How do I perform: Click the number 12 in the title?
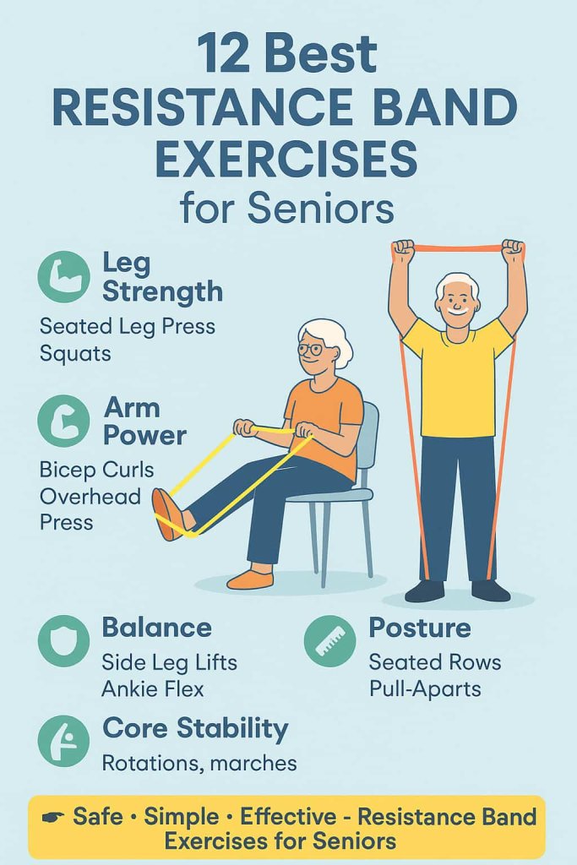(x=223, y=53)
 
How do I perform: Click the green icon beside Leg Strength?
(x=64, y=277)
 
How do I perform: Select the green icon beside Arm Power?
(x=64, y=421)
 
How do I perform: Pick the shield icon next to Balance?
(x=64, y=641)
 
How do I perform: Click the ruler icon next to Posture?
(x=329, y=641)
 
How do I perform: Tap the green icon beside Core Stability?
(x=64, y=741)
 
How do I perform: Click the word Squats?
(x=75, y=354)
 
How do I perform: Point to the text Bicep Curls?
(x=96, y=470)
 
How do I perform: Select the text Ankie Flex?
(x=153, y=689)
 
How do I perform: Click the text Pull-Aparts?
(x=425, y=689)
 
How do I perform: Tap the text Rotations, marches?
(x=199, y=764)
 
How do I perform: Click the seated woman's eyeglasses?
(x=310, y=349)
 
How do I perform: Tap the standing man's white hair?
(x=457, y=286)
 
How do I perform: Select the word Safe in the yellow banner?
(x=98, y=817)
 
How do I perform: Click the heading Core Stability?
(x=195, y=729)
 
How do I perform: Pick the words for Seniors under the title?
(x=287, y=209)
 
